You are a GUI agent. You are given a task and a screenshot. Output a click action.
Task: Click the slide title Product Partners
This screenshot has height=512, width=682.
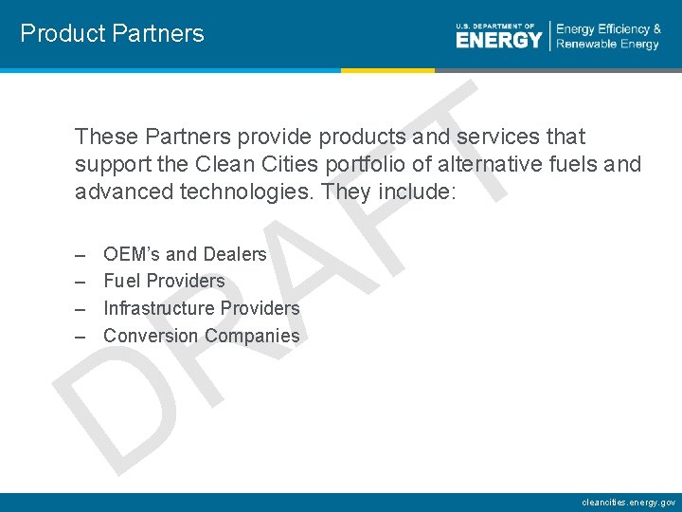pyautogui.click(x=112, y=34)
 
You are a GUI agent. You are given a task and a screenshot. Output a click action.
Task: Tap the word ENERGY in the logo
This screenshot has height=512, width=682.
pyautogui.click(x=499, y=40)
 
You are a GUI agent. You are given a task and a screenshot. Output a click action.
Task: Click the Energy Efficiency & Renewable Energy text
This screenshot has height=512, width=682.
pyautogui.click(x=608, y=36)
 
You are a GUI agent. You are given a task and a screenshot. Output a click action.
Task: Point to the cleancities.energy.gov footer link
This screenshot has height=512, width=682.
pyautogui.click(x=629, y=502)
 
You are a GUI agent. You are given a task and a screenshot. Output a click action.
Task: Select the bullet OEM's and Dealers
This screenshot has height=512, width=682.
pyautogui.click(x=185, y=254)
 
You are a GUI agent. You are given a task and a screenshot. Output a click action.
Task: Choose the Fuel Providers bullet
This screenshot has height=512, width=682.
pyautogui.click(x=164, y=281)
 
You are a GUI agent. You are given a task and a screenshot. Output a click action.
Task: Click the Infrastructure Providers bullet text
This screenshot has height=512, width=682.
pyautogui.click(x=201, y=308)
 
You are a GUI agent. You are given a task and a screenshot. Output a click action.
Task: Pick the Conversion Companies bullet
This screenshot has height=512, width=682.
pyautogui.click(x=201, y=336)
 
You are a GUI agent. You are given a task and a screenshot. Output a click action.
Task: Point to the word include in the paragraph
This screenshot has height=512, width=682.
pyautogui.click(x=417, y=192)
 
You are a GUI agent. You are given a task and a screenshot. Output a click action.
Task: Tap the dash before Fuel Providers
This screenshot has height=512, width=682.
pyautogui.click(x=81, y=282)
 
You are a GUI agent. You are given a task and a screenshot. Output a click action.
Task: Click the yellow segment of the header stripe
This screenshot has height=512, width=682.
pyautogui.click(x=387, y=70)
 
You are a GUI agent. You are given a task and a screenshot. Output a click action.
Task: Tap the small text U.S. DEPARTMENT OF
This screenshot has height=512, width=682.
pyautogui.click(x=495, y=26)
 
